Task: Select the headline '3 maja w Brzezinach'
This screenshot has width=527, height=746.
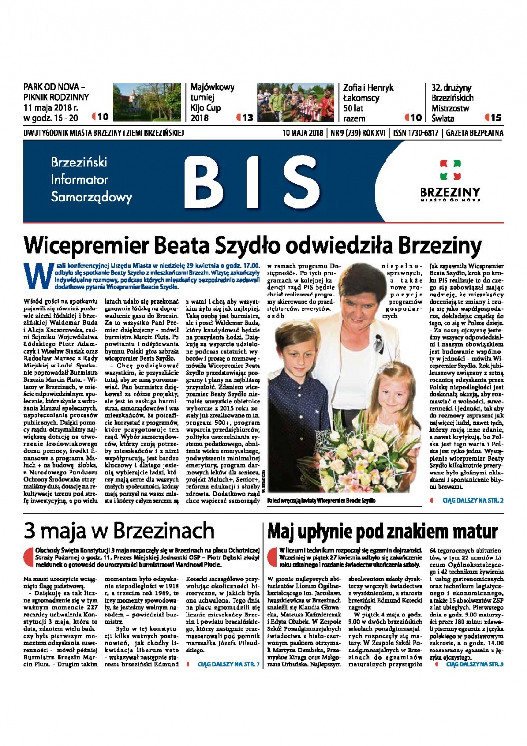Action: click(119, 531)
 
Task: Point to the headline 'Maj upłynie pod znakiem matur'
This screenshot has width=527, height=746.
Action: click(382, 532)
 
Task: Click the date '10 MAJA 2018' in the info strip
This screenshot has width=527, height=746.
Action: click(302, 133)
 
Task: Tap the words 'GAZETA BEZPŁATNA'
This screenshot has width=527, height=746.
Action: click(474, 133)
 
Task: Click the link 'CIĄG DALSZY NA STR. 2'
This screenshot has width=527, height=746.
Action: click(472, 500)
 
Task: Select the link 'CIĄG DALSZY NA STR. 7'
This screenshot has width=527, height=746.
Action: click(228, 664)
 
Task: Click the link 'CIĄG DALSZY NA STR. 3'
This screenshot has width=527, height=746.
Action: click(475, 664)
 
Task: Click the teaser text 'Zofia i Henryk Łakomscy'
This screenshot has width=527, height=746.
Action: click(368, 93)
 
